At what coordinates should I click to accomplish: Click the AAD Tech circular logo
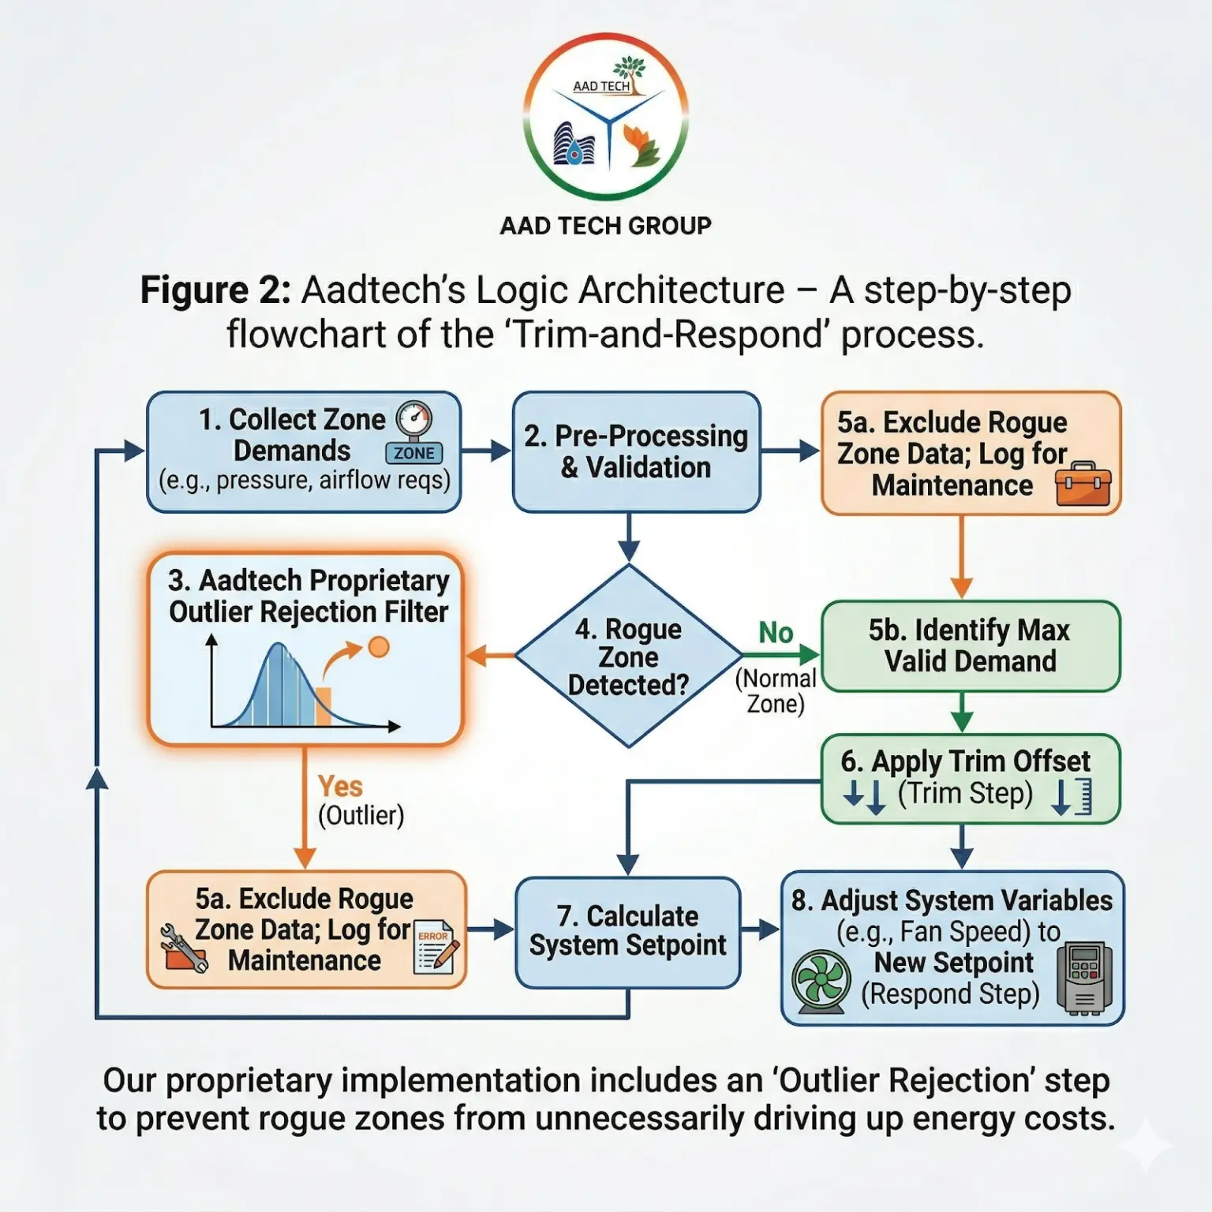[606, 117]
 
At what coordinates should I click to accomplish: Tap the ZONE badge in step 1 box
[413, 453]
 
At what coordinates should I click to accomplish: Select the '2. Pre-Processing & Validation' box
[636, 452]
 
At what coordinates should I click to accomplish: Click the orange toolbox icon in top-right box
[1083, 484]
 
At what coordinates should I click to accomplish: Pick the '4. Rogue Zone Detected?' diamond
[628, 656]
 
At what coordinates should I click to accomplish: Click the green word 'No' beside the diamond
[776, 633]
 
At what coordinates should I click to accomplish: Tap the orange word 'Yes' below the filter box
[340, 787]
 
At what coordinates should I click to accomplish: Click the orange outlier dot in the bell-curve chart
[379, 647]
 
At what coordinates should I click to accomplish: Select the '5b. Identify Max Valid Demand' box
[970, 646]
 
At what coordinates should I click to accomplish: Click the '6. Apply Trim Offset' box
[970, 779]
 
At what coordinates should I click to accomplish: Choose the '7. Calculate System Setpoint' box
[628, 932]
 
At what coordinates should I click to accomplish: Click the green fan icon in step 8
[821, 981]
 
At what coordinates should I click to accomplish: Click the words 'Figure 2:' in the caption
[215, 290]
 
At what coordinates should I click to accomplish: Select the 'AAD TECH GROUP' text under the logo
[605, 226]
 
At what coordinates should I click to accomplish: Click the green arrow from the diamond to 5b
[781, 654]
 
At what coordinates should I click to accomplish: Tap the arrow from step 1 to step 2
[486, 451]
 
